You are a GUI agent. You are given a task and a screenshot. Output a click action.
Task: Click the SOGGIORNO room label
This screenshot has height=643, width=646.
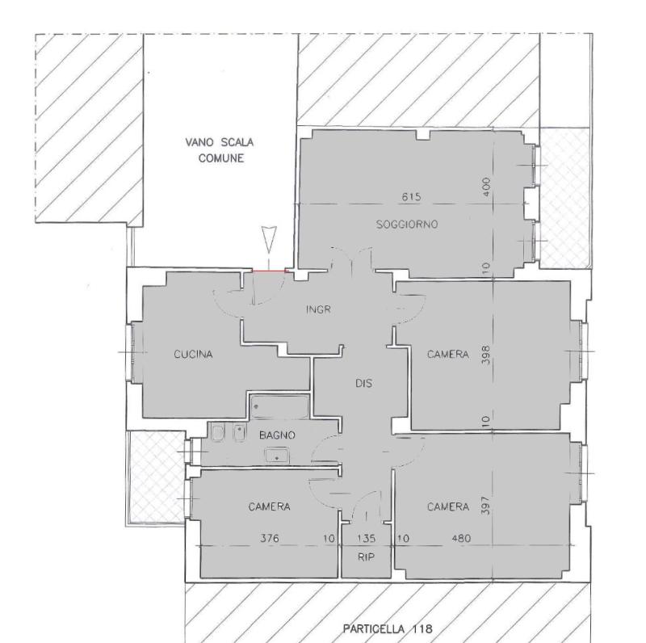point(407,225)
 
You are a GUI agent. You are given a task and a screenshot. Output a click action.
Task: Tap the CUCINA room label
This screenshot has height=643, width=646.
point(193,354)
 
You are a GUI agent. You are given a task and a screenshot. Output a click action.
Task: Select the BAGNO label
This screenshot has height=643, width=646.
point(277,435)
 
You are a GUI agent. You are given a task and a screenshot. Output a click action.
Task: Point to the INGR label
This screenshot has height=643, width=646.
point(318,309)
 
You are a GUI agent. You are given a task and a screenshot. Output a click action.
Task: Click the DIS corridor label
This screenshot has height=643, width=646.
point(364,384)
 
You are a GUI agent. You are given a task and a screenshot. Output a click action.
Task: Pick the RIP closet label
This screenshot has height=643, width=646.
point(366,557)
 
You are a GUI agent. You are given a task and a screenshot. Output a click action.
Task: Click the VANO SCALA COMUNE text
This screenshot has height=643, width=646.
point(220,150)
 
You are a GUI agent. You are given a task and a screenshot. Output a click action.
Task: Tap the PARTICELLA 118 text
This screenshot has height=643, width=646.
point(388,628)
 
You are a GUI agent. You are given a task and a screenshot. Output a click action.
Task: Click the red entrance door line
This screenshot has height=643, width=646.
point(269,271)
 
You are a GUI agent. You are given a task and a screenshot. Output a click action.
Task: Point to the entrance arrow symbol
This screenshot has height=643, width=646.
point(269,239)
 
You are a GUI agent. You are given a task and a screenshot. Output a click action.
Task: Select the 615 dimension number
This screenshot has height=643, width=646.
point(411,196)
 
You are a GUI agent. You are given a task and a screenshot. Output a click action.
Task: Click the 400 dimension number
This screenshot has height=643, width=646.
point(486,187)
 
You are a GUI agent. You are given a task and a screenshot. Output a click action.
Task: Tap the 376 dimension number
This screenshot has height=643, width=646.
point(270,538)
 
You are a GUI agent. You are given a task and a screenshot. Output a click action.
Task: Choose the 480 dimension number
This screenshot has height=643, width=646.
point(461,538)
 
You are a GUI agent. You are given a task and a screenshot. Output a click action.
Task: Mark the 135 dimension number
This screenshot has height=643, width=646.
point(366,538)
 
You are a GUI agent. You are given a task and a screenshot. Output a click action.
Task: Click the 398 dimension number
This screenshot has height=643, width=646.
point(486,355)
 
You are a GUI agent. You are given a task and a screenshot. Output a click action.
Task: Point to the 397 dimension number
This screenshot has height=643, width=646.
point(486,506)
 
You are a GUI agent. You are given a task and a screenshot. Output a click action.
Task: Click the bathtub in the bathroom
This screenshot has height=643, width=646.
point(279,406)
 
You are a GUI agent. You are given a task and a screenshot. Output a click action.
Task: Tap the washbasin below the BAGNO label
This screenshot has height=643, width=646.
point(277,456)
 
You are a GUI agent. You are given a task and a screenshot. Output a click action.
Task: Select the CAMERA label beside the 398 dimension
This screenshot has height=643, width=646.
point(448,354)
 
